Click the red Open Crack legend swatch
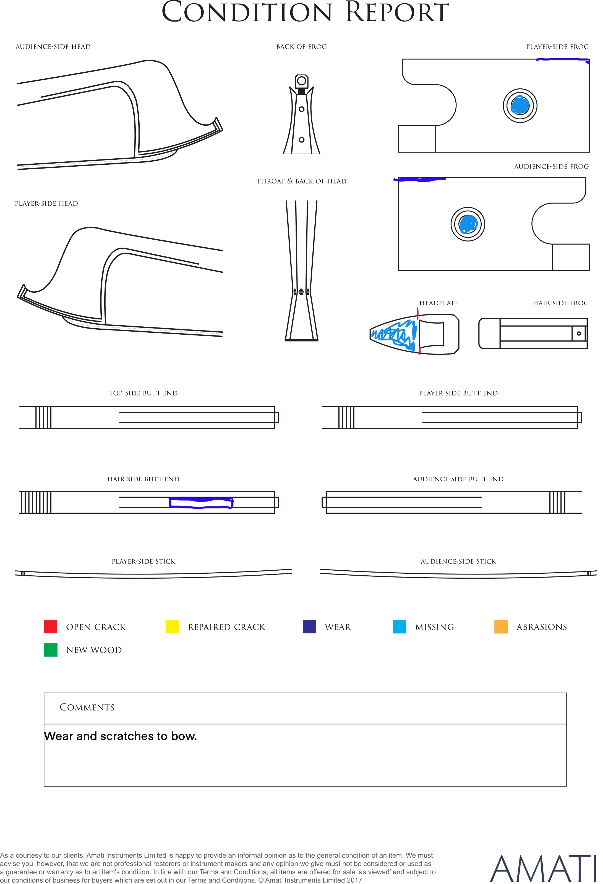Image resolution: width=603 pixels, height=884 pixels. [51, 626]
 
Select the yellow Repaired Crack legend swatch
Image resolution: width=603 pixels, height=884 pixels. [172, 626]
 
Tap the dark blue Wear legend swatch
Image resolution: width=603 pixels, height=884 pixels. [309, 626]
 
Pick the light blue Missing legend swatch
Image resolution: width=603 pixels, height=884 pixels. [399, 626]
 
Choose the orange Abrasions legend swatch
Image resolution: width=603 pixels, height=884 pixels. [501, 626]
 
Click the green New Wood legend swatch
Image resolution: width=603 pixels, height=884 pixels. [51, 650]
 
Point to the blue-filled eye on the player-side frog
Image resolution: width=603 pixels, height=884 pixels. [520, 105]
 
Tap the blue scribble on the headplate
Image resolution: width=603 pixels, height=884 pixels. [394, 335]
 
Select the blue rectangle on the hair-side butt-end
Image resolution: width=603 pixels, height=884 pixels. [201, 503]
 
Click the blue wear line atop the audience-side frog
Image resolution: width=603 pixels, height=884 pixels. [419, 179]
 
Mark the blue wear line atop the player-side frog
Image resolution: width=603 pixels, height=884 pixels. [563, 60]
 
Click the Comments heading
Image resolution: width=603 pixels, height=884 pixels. [87, 707]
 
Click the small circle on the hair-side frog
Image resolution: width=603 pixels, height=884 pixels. [579, 334]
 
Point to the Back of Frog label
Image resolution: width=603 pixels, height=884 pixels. [301, 47]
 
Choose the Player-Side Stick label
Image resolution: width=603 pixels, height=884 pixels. [143, 562]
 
